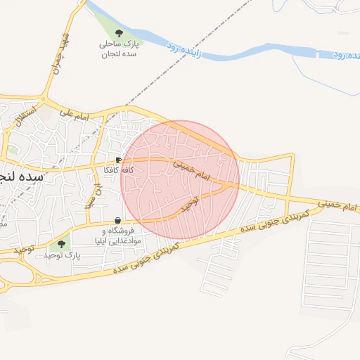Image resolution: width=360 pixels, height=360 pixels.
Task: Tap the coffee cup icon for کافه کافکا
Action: [x=117, y=160]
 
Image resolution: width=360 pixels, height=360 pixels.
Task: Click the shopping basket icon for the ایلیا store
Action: [x=117, y=221]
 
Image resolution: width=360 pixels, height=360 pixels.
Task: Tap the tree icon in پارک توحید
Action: [x=61, y=244]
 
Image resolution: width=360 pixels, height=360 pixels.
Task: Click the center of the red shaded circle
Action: [x=180, y=180]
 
